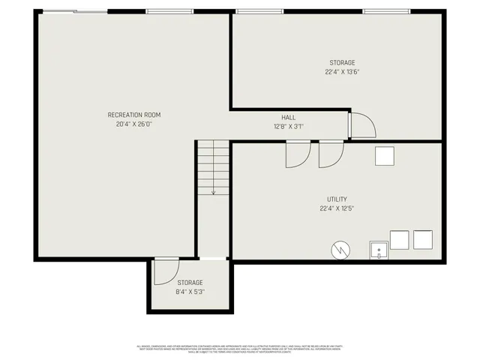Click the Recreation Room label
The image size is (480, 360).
[134, 115]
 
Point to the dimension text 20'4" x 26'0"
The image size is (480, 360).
[134, 124]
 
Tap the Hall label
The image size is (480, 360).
[289, 118]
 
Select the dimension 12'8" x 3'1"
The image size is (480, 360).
[289, 127]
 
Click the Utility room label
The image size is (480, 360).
[337, 199]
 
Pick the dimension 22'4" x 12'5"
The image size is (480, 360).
[337, 208]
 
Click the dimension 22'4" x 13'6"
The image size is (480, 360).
[341, 73]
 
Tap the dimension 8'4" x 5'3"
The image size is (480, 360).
[190, 292]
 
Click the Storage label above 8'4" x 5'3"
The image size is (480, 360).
[190, 283]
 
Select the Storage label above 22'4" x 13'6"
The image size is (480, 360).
[341, 63]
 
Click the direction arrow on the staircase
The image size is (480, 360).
[214, 190]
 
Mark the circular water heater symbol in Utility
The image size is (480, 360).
[341, 248]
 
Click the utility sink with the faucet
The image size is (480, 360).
[379, 250]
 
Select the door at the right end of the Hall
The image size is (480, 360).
[361, 124]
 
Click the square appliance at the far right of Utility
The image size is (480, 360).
[424, 240]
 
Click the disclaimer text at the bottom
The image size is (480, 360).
[239, 348]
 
